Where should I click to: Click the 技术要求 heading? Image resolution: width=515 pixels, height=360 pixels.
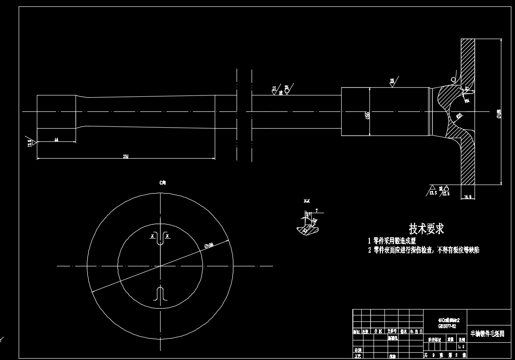(x=426, y=228)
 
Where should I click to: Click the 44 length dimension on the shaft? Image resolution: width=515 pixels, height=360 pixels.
(x=56, y=140)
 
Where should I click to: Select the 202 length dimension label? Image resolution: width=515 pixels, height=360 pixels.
(x=126, y=156)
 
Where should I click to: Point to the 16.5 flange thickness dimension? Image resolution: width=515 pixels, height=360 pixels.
(x=467, y=197)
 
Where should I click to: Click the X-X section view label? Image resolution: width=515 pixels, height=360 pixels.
(x=307, y=200)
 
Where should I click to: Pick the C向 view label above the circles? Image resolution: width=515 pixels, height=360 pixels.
(x=162, y=182)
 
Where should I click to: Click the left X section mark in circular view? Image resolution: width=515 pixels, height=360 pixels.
(x=152, y=236)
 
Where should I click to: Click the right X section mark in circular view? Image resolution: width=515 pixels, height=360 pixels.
(x=167, y=236)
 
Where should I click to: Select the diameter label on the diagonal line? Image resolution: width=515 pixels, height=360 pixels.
(x=209, y=245)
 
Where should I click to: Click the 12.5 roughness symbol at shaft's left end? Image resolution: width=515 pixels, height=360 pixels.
(x=30, y=141)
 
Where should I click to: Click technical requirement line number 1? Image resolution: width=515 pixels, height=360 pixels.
(x=391, y=241)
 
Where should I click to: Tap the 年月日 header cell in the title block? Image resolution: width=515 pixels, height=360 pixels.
(x=415, y=331)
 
